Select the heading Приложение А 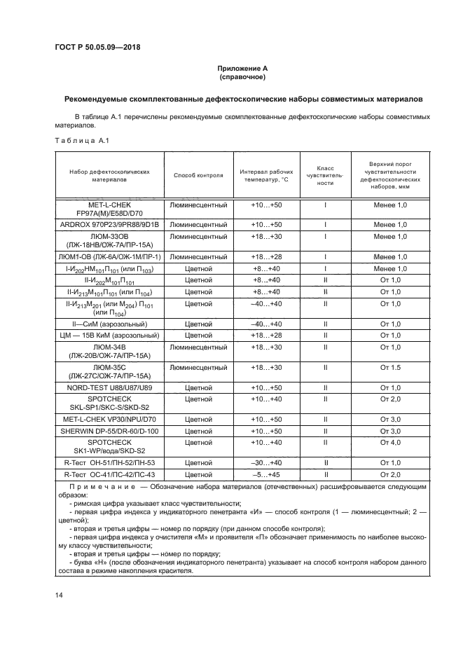pyautogui.click(x=242, y=68)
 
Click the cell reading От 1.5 pyautogui.click(x=390, y=367)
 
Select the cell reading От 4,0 pyautogui.click(x=390, y=442)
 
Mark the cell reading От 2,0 pyautogui.click(x=390, y=399)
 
